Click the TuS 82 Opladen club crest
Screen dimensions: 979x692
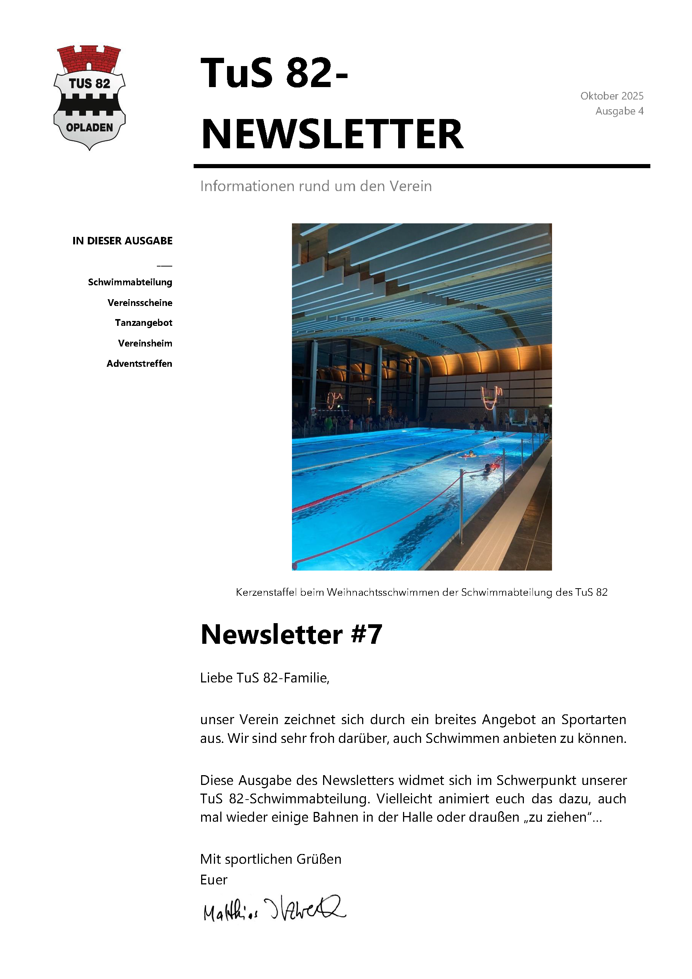[90, 98]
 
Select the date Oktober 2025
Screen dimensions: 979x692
[611, 96]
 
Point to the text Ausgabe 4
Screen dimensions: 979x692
[619, 111]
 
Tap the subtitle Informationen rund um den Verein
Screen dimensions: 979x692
[316, 186]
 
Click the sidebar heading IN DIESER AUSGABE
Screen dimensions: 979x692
[122, 241]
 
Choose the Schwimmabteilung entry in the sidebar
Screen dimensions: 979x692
[130, 282]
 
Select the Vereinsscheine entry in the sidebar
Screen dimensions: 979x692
[140, 303]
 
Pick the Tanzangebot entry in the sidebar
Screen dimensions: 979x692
[143, 323]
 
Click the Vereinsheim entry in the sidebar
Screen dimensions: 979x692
[145, 343]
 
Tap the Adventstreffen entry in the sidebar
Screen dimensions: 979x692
[140, 364]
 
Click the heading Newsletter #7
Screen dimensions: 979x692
[291, 634]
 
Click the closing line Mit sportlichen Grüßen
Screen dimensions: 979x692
[271, 859]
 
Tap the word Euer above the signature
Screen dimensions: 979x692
[214, 879]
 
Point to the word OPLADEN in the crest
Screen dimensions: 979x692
[90, 128]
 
